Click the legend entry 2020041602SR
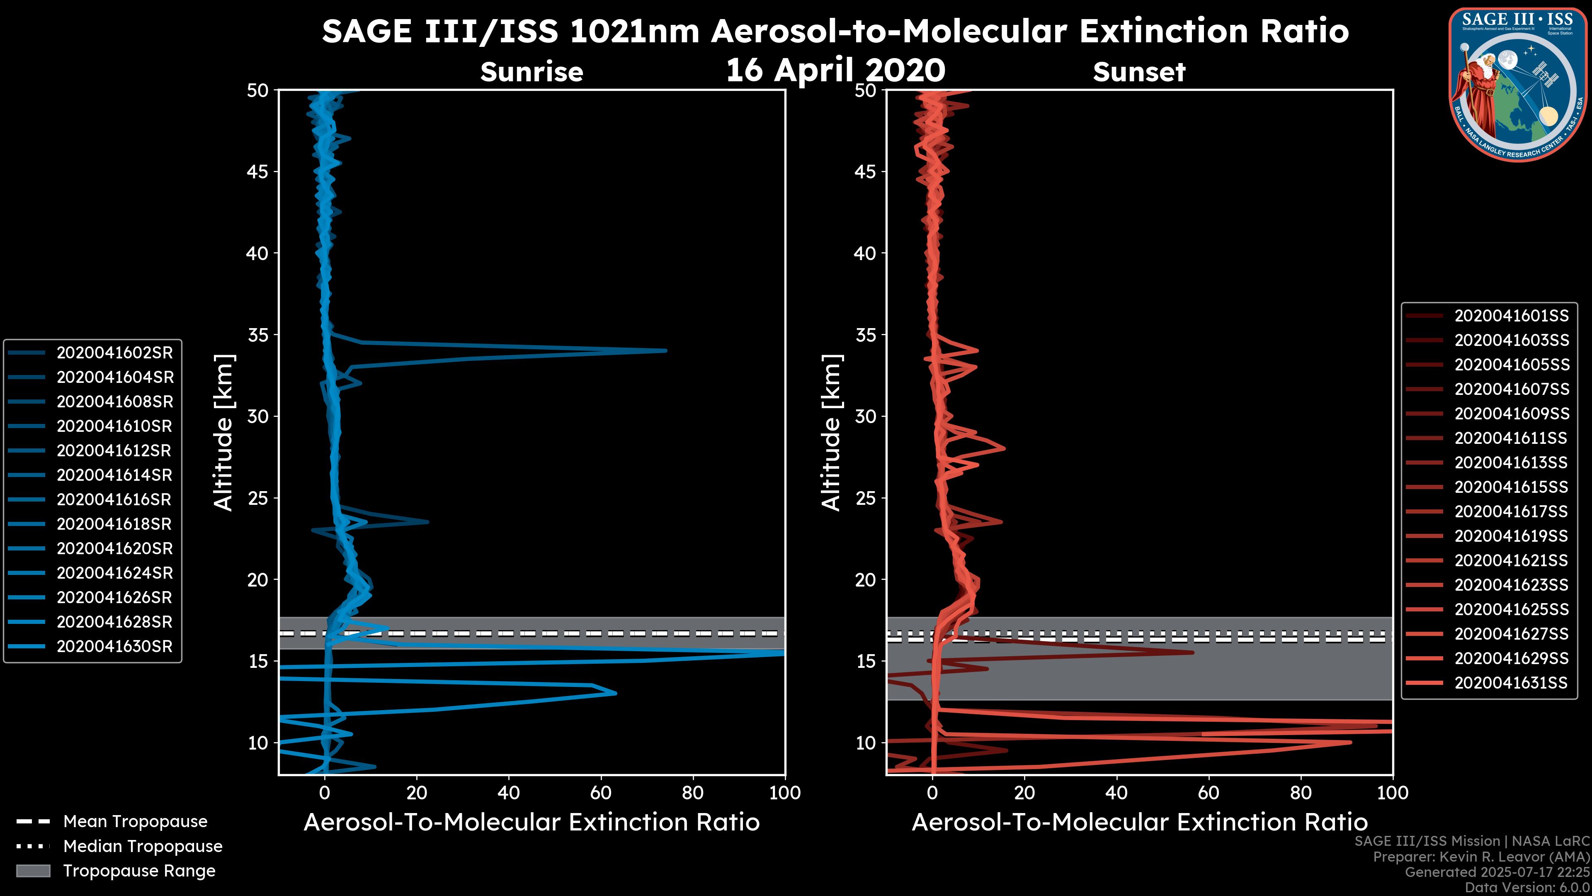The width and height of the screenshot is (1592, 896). pyautogui.click(x=114, y=353)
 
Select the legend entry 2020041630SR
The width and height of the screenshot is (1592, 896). pyautogui.click(x=114, y=646)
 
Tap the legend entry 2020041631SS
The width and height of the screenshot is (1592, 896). pyautogui.click(x=1511, y=683)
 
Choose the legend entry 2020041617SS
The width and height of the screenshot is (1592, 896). pyautogui.click(x=1511, y=511)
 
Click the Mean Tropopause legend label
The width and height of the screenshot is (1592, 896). pyautogui.click(x=135, y=821)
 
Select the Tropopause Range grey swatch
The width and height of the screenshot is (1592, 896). pyautogui.click(x=33, y=871)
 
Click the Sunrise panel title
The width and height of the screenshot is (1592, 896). pyautogui.click(x=531, y=72)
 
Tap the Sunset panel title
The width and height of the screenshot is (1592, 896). pyautogui.click(x=1139, y=72)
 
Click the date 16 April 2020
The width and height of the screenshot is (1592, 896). pyautogui.click(x=835, y=69)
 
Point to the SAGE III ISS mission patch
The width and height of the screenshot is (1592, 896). pyautogui.click(x=1516, y=84)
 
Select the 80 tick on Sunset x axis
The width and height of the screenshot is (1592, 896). pyautogui.click(x=1301, y=792)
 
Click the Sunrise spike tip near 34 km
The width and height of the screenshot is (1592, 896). pyautogui.click(x=665, y=351)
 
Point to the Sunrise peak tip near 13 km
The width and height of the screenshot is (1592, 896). pyautogui.click(x=615, y=693)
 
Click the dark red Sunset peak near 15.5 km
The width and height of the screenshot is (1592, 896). pyautogui.click(x=1192, y=653)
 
